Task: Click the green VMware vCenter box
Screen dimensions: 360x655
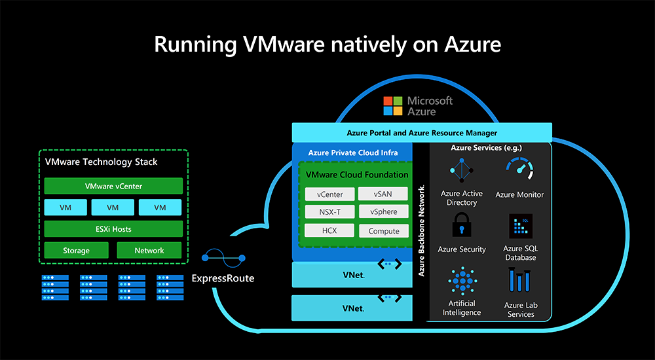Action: click(x=113, y=186)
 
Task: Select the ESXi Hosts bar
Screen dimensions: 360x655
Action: click(x=113, y=228)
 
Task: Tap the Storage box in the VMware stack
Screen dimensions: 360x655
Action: click(x=76, y=250)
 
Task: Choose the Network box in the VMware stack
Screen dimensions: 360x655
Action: click(x=149, y=250)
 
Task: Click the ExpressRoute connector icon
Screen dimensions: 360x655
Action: click(x=223, y=258)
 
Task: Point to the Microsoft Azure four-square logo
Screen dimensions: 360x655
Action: click(x=393, y=105)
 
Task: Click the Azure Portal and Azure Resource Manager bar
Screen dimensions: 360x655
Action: click(x=421, y=133)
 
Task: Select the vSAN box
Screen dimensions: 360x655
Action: click(x=383, y=194)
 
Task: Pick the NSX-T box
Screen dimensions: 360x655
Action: click(x=329, y=212)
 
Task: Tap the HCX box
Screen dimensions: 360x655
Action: click(x=329, y=230)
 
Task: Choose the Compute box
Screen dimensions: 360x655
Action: click(x=383, y=230)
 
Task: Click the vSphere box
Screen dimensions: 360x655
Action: click(x=383, y=212)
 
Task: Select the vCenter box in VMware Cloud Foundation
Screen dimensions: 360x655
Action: click(x=329, y=194)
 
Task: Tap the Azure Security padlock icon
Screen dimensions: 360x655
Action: click(x=462, y=228)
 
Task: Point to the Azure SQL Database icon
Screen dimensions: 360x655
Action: click(x=520, y=226)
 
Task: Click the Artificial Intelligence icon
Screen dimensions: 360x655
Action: click(x=462, y=281)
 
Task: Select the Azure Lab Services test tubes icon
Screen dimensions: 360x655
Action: click(x=519, y=282)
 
